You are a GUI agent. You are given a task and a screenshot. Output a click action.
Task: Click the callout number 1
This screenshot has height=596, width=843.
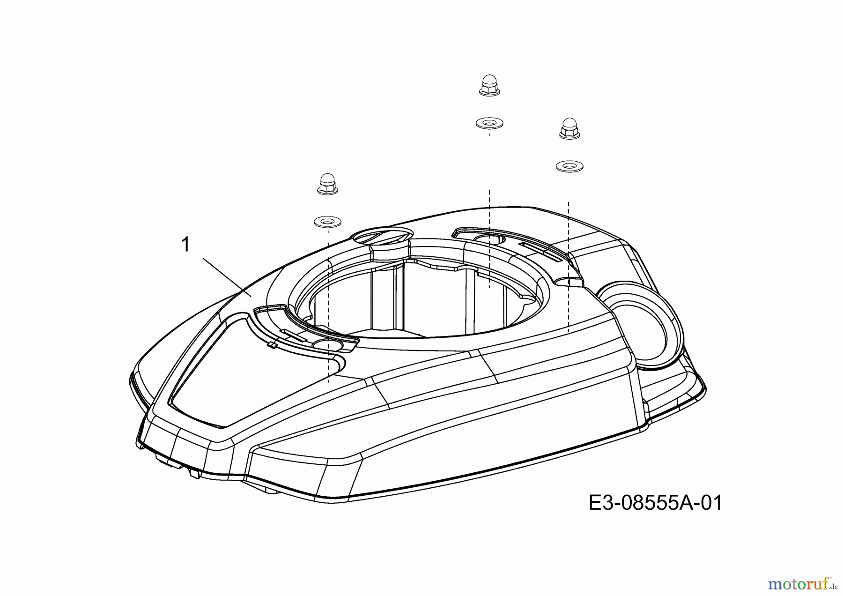(x=185, y=245)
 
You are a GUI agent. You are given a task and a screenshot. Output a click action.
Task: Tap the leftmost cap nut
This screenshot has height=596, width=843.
(x=327, y=184)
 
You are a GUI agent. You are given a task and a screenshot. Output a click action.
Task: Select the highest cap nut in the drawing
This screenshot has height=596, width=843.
(x=489, y=86)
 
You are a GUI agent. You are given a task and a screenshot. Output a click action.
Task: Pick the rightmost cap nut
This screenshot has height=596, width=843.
(x=569, y=128)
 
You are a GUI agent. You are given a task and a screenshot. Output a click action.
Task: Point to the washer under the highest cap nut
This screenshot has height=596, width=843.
(x=489, y=124)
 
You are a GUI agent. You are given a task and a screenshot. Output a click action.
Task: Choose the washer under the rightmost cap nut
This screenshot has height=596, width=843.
(x=569, y=166)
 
